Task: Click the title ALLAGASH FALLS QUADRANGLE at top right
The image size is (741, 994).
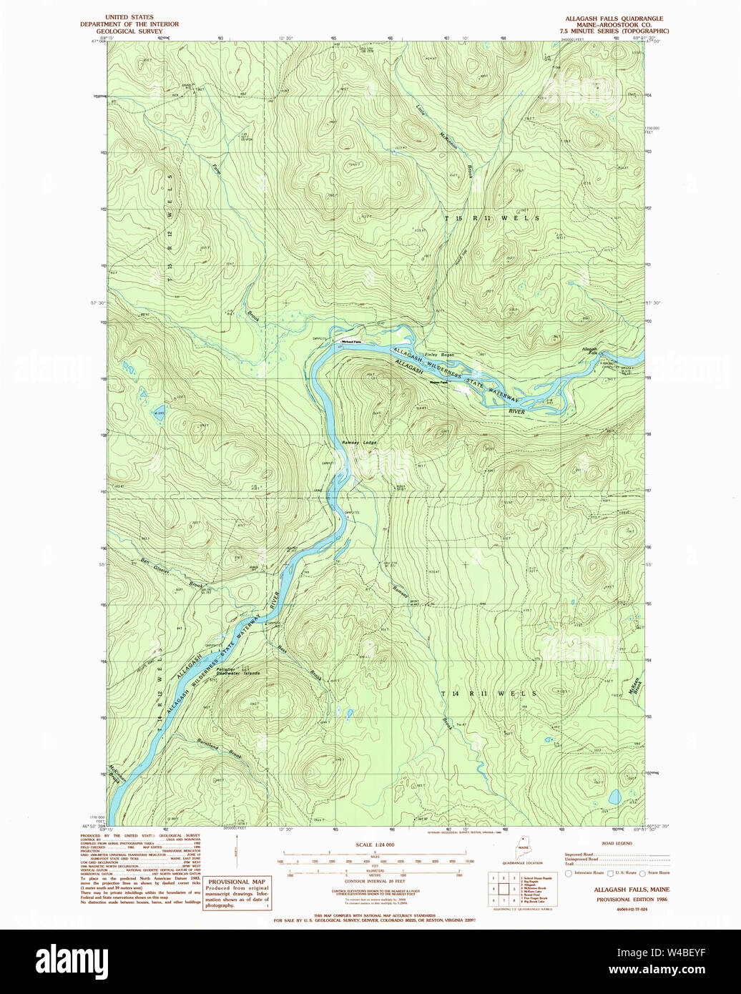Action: tap(614, 19)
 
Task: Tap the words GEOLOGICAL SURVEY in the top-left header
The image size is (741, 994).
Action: tap(129, 31)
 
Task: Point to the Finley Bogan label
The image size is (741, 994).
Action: tap(439, 355)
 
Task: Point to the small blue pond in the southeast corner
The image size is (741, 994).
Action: tap(613, 796)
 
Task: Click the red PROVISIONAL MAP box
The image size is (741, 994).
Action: tap(237, 892)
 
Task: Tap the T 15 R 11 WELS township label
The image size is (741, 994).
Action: tap(491, 217)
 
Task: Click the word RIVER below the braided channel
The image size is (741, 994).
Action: tap(516, 412)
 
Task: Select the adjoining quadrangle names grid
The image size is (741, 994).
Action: tap(503, 888)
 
